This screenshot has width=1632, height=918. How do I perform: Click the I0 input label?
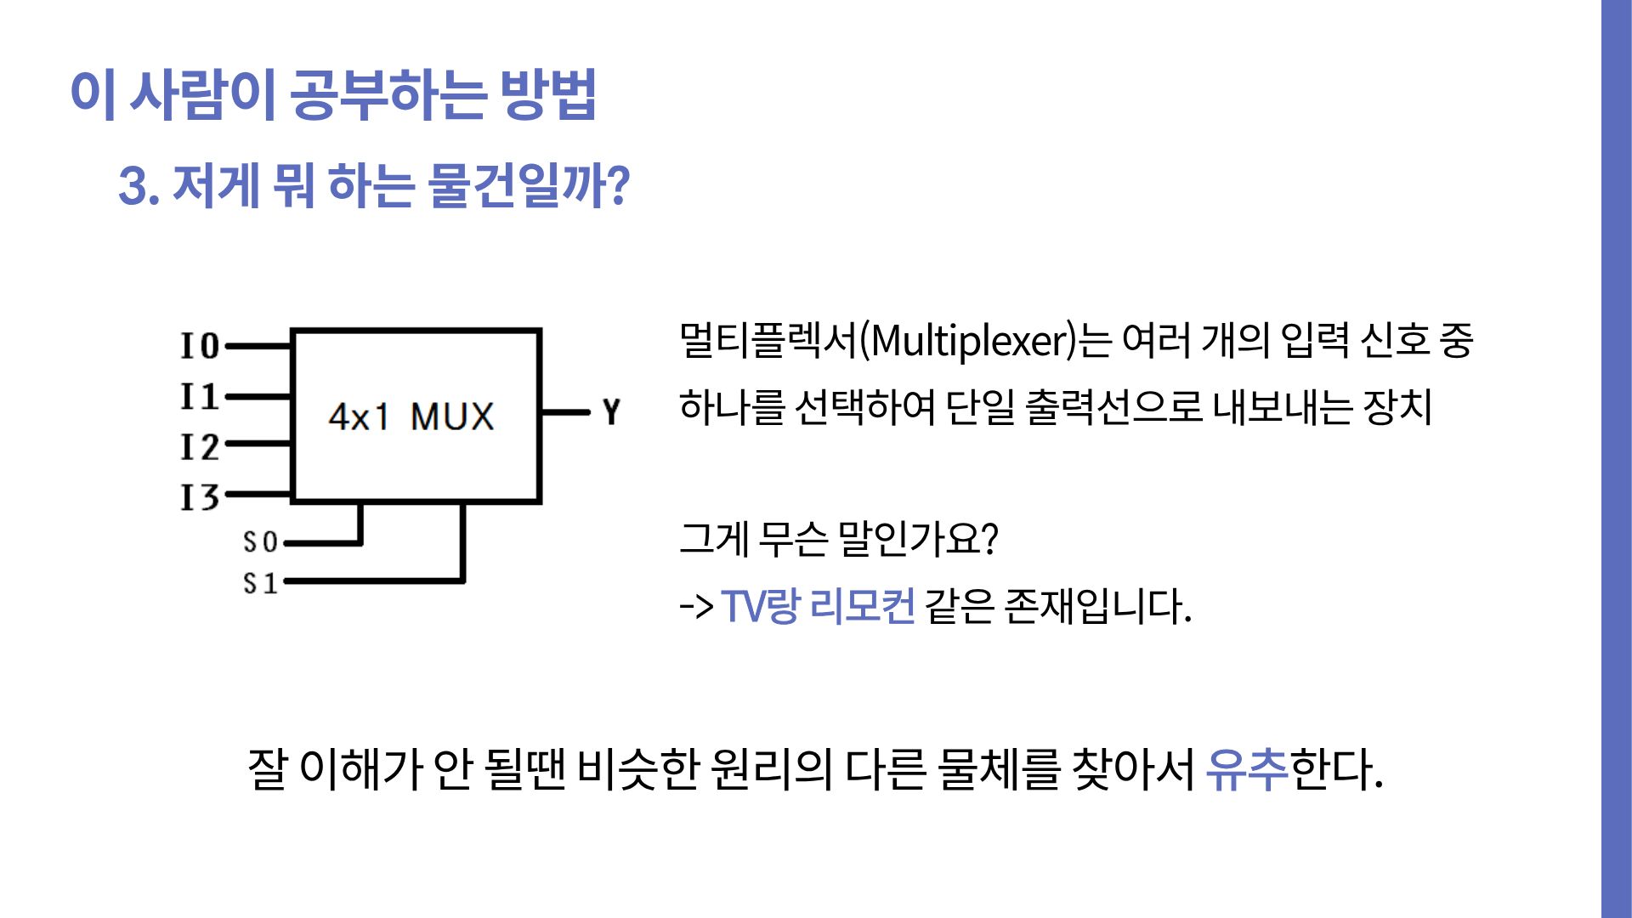point(200,346)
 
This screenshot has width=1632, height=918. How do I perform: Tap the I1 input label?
point(200,396)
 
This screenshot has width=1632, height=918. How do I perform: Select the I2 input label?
point(200,446)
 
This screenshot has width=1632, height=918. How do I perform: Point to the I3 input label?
point(200,496)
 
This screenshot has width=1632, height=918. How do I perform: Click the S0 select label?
point(260,542)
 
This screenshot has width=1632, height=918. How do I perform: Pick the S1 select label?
point(260,583)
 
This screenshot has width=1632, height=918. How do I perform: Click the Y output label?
point(611,412)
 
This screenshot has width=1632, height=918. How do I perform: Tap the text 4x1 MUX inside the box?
point(411,416)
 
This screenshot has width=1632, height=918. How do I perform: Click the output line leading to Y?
point(564,413)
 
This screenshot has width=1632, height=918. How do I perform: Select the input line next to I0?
point(258,346)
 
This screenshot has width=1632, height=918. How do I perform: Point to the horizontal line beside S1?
point(374,581)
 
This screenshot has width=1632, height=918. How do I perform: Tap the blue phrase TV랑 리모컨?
point(818,606)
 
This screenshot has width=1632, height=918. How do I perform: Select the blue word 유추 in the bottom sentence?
point(1246,769)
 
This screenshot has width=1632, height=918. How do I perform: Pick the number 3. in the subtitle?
point(139,185)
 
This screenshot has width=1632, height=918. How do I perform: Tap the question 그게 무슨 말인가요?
point(838,538)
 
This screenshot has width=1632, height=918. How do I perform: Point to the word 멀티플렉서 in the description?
point(768,341)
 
